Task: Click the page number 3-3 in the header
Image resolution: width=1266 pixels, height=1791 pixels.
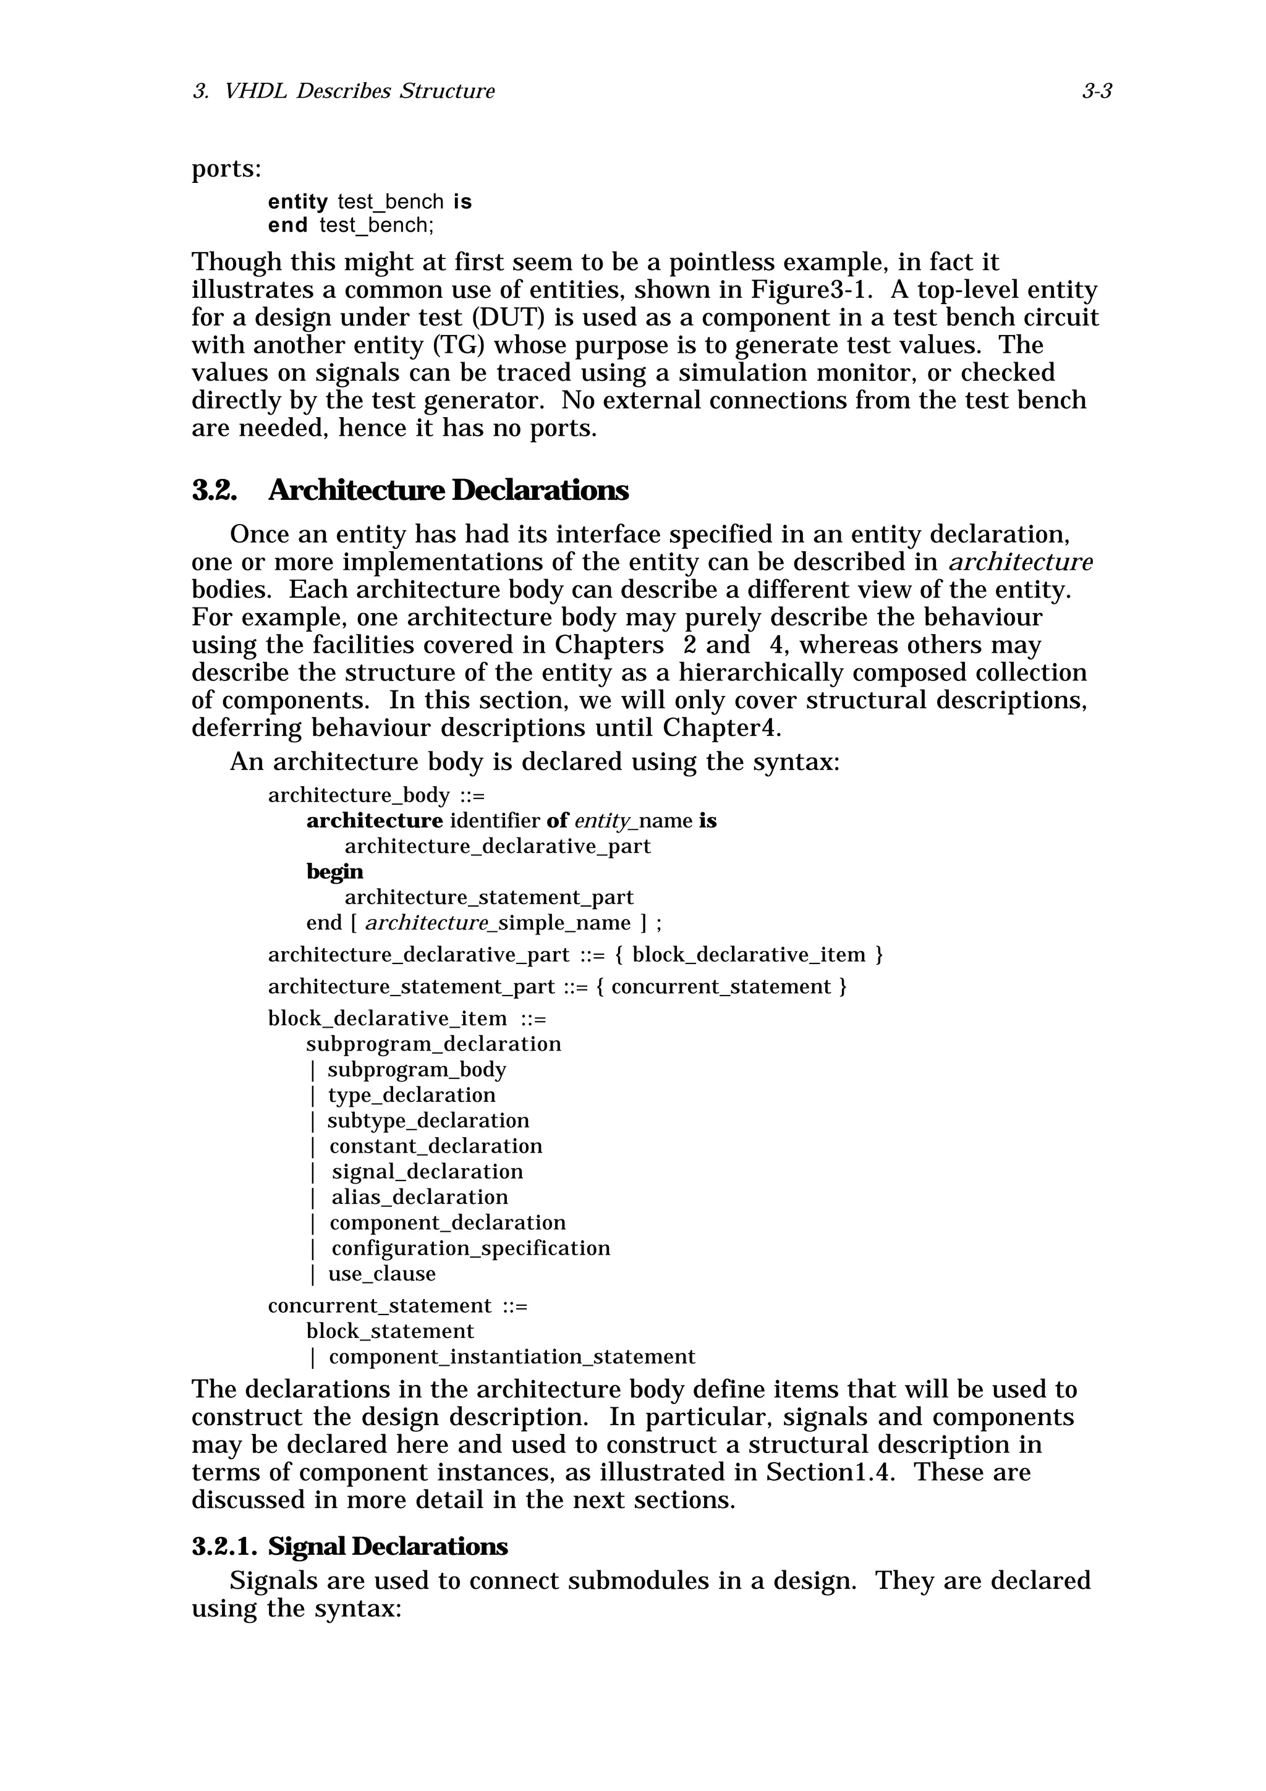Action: tap(1096, 92)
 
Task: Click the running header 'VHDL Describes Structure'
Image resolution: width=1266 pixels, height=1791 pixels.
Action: tap(359, 92)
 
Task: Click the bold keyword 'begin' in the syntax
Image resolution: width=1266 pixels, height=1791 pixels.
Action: tap(334, 871)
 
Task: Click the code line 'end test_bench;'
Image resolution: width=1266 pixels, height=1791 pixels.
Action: tap(350, 226)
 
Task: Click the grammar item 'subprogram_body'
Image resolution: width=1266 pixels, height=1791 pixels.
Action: tap(417, 1069)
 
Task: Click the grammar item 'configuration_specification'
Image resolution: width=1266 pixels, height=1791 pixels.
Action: tap(470, 1248)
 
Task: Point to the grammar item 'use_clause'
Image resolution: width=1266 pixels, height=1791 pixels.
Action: tap(381, 1274)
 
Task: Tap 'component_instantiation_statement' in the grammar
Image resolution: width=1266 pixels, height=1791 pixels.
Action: tap(512, 1357)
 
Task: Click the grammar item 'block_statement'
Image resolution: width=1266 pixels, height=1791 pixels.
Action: tap(390, 1331)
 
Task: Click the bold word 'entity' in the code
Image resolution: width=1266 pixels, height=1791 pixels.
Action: tap(297, 202)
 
